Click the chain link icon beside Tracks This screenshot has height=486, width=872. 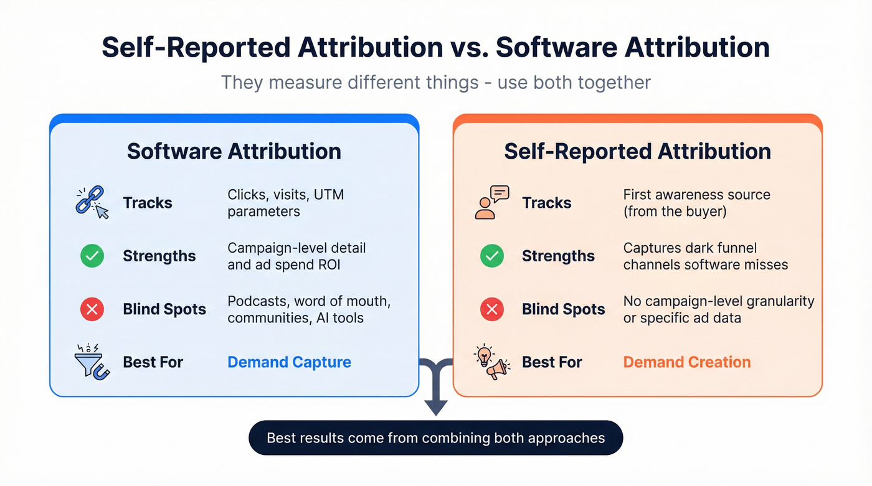pos(92,203)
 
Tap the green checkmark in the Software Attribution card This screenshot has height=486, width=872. pos(92,256)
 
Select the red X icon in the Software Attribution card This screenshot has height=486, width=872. pos(92,309)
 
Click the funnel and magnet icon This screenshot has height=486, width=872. pos(92,362)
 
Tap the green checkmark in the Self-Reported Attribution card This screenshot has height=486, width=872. pos(491,256)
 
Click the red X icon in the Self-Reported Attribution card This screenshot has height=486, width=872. pos(491,309)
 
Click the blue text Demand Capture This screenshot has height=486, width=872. pos(289,362)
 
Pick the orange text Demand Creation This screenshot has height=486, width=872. pos(687,362)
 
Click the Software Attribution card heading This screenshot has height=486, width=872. pos(234,151)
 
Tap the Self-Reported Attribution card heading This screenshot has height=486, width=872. pos(637,151)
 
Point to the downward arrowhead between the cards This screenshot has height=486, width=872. pos(436,407)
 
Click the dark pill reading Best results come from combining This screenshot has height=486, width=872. pos(435,438)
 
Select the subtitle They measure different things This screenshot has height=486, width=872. pos(435,82)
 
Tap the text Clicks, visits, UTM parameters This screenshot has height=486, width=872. pos(285,203)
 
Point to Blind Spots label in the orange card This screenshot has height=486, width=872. pos(563,309)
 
